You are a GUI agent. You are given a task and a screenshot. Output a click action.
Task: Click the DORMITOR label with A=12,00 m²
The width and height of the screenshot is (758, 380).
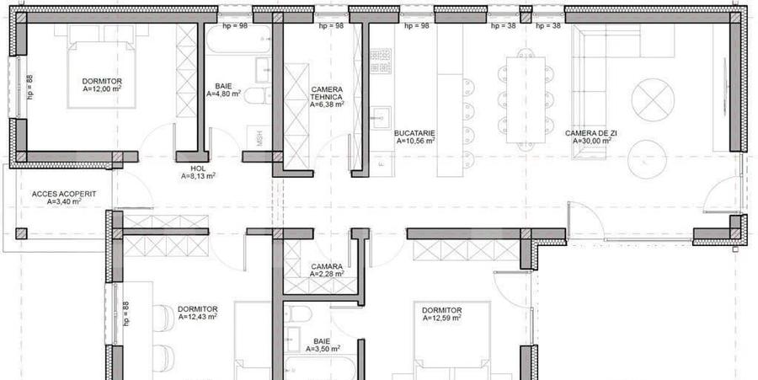102,81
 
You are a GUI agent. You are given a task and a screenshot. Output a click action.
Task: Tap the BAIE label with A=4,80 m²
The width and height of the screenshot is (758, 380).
223,86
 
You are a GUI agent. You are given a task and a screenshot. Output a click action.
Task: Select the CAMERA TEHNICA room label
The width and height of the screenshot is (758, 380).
326,94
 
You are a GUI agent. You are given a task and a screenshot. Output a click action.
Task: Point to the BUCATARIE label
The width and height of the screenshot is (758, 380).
414,133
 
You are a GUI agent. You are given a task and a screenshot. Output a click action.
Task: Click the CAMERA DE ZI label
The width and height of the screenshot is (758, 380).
589,133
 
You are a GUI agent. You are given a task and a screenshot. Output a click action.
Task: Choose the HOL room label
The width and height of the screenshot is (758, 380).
186,169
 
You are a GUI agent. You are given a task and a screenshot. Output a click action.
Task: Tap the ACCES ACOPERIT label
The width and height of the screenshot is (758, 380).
64,193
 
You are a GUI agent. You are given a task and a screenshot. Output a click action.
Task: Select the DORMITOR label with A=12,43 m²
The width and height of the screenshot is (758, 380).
198,309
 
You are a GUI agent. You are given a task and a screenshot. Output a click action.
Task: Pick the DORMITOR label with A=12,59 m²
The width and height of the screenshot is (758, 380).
442,310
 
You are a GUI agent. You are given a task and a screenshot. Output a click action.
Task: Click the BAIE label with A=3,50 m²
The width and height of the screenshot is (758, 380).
322,342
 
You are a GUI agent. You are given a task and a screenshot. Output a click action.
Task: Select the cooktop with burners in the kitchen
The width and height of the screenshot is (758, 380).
381,62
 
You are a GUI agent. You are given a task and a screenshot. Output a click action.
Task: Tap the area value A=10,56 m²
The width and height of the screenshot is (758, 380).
414,142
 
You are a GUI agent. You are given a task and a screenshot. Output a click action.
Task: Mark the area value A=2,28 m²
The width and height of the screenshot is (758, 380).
326,274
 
